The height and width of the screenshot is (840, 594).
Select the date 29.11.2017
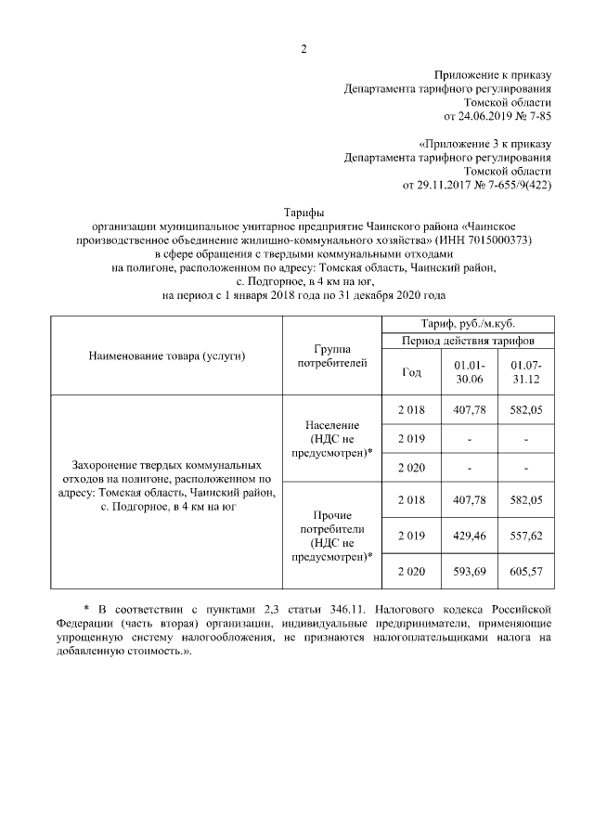point(433,186)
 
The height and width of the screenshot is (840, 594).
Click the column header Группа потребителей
point(331,355)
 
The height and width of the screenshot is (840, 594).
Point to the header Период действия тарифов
point(471,341)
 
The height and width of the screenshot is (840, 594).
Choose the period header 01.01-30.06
point(470,372)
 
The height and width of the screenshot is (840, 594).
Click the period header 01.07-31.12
point(526,372)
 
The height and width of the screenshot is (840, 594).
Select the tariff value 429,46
point(470,536)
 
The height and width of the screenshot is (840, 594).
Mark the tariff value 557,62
point(526,536)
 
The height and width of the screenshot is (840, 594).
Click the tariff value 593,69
point(470,572)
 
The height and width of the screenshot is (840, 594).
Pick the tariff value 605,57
point(526,572)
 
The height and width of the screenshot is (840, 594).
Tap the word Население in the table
point(331,424)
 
